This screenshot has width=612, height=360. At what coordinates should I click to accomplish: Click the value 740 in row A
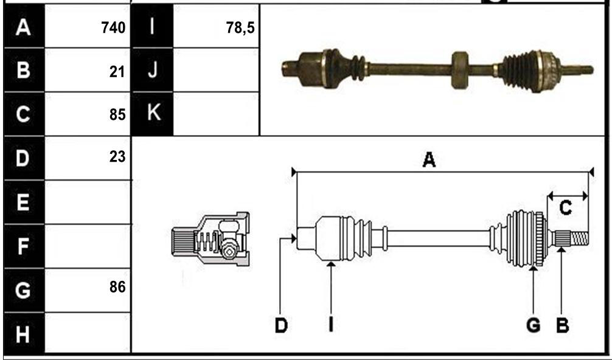coord(113,28)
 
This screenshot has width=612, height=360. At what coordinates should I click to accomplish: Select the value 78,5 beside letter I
coord(240,28)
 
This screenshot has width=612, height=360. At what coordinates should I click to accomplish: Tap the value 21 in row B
coord(117,72)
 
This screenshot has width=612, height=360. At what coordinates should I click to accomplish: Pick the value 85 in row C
coord(117,115)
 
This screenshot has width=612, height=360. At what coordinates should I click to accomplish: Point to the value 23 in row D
coord(117,157)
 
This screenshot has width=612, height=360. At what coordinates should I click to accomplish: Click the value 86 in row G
coord(117,287)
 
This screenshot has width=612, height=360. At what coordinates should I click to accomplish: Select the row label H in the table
coord(23,334)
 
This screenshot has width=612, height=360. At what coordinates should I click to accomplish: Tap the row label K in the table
coord(153,112)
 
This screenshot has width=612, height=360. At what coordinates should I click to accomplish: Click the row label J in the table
coord(153,71)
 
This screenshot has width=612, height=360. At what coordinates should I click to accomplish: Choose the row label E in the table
coord(23,202)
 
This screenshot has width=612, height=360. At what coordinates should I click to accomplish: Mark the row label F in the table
coord(23,246)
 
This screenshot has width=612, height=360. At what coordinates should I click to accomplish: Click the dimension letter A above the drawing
coord(429,160)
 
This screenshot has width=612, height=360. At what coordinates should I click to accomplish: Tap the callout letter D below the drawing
coord(281,325)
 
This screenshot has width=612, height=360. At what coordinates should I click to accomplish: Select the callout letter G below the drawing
coord(533,325)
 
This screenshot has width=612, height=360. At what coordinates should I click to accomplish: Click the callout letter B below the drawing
coord(563,325)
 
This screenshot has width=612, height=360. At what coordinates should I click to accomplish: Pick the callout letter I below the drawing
coord(331,325)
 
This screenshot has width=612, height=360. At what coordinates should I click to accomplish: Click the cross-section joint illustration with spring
coord(210,240)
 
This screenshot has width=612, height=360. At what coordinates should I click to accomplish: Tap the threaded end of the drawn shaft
coord(579,238)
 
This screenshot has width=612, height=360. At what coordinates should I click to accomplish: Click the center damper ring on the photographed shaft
coord(460,70)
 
